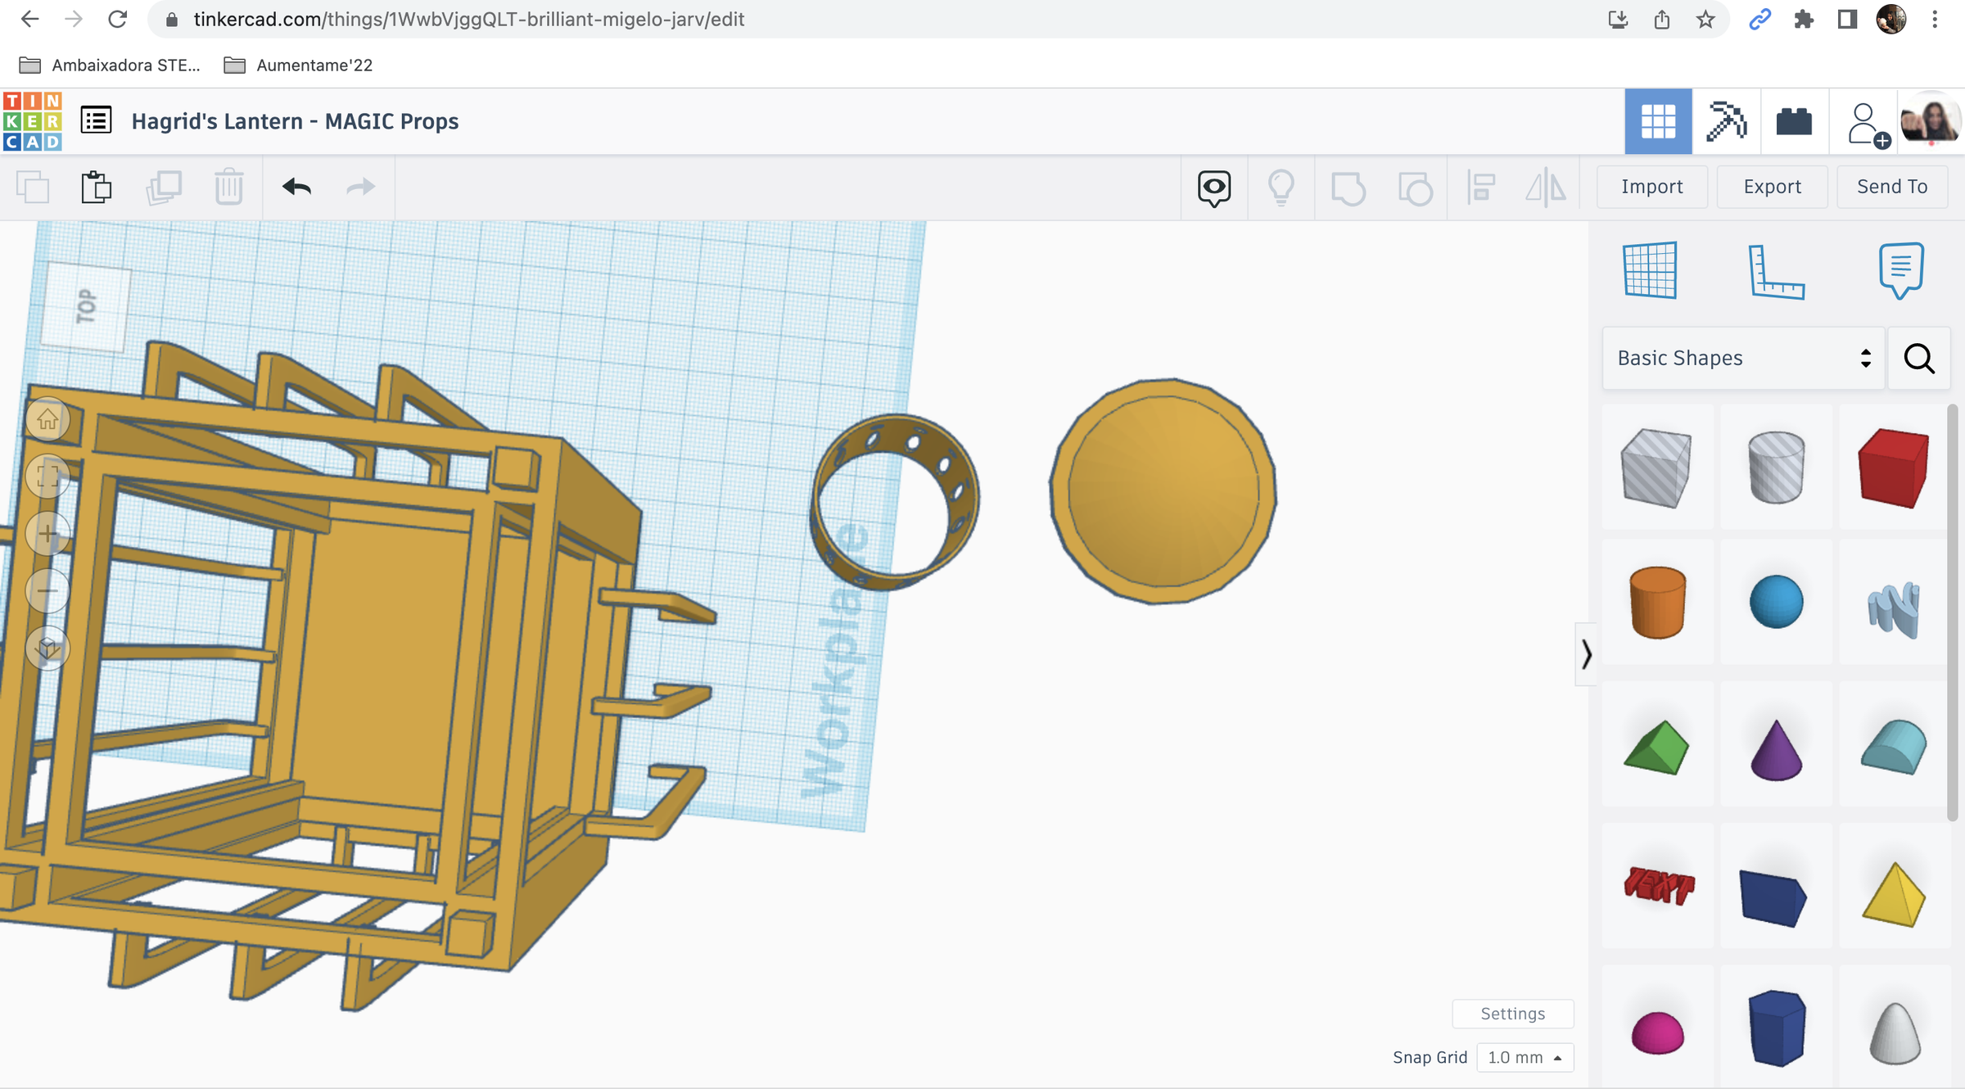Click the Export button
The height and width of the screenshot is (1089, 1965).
point(1772,187)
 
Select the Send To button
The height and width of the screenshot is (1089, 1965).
point(1891,187)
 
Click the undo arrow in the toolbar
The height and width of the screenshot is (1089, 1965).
point(296,187)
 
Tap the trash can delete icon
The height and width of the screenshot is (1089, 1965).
point(229,187)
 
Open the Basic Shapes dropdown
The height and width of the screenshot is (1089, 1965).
point(1743,358)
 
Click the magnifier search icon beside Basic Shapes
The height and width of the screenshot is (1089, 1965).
point(1918,358)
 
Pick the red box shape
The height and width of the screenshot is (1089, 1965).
point(1893,468)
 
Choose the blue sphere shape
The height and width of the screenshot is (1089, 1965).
point(1776,602)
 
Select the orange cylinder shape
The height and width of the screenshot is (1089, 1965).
point(1657,602)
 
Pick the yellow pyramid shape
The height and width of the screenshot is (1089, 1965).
point(1893,895)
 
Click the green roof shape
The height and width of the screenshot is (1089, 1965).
point(1656,748)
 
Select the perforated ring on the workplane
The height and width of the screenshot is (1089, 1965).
point(962,491)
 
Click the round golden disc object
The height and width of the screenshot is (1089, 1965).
point(1163,491)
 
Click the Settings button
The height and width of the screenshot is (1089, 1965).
point(1512,1014)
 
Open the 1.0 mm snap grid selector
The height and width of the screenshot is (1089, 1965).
point(1524,1057)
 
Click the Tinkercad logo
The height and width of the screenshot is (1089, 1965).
point(32,121)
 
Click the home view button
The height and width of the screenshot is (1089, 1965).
point(47,419)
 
